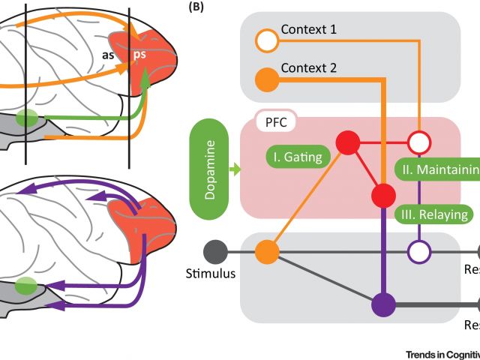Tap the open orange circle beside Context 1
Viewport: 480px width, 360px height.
(x=266, y=39)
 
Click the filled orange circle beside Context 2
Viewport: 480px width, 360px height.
(x=266, y=77)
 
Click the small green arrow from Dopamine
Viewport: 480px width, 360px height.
(x=235, y=172)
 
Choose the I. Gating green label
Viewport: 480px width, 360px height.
(x=297, y=157)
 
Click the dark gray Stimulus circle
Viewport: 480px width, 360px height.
(x=215, y=251)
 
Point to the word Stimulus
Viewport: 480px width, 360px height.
(x=210, y=274)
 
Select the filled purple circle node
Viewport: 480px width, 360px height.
(x=384, y=304)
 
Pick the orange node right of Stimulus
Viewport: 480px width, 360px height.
(x=266, y=251)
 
